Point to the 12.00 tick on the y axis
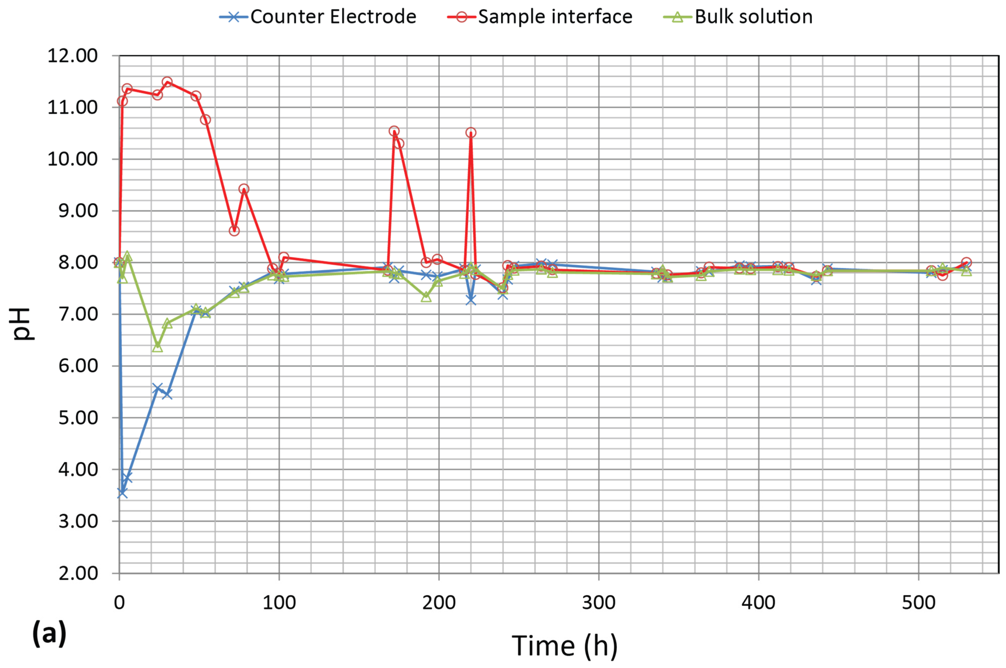72,56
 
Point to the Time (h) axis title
564,645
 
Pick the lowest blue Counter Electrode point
122,493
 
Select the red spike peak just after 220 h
471,133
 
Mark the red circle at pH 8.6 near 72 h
234,231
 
